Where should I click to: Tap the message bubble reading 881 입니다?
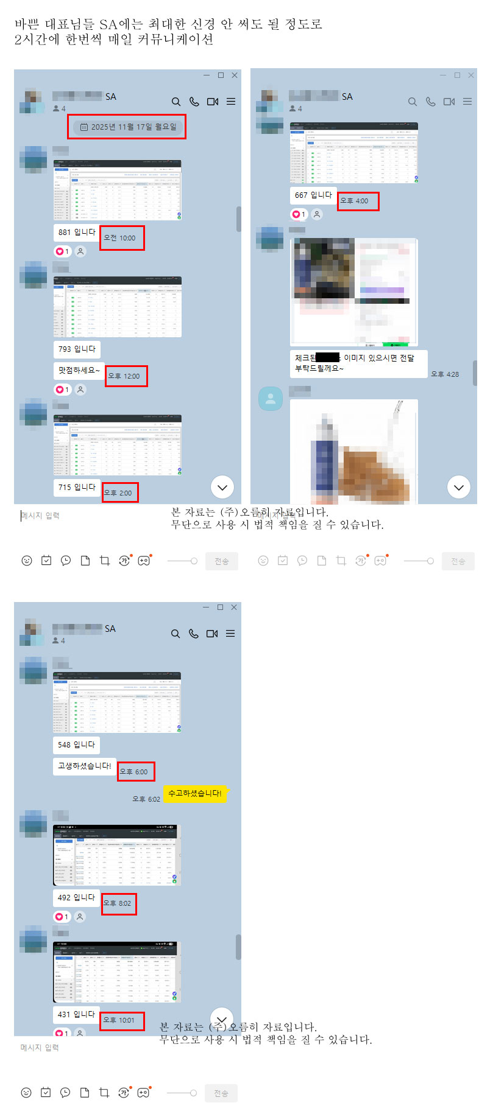77,232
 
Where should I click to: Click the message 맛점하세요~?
79,370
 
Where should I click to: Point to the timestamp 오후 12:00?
124,376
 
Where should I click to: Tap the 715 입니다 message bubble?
77,487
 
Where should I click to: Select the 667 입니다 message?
313,195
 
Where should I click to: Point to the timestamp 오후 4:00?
355,201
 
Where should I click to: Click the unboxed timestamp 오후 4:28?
445,374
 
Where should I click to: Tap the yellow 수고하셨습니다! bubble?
194,793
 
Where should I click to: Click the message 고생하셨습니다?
84,766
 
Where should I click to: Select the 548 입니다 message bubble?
76,744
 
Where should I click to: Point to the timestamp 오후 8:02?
118,903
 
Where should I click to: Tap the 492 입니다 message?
76,897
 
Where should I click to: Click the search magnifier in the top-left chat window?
176,102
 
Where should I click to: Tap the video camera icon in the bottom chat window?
212,634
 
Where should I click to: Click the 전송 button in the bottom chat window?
221,1093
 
